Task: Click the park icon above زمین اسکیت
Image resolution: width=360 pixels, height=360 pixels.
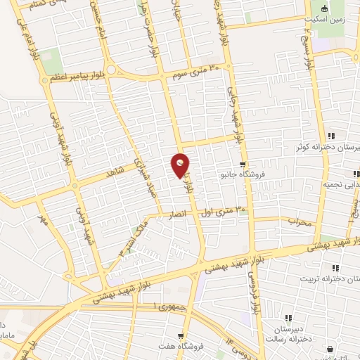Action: [324, 8]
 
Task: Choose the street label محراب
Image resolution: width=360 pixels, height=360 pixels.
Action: [300, 220]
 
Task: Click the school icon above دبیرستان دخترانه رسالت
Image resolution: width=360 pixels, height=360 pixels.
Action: [288, 318]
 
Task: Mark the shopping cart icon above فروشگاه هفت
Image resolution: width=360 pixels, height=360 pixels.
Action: [181, 336]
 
